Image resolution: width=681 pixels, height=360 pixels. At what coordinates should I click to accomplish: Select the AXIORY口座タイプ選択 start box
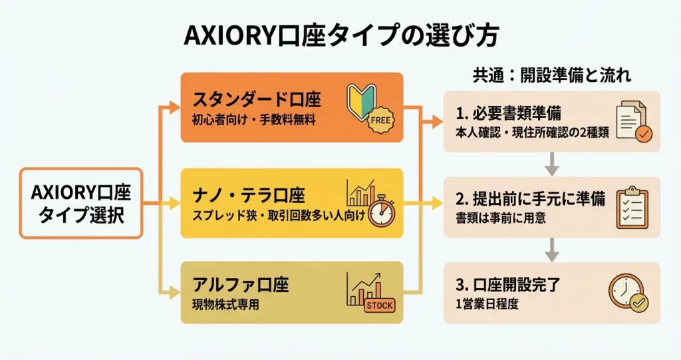[81, 202]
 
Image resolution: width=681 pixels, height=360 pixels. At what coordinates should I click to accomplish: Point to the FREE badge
[380, 121]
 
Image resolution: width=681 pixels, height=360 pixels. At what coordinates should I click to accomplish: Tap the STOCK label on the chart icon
[380, 305]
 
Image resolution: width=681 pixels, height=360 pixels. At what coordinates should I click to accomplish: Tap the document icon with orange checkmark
[633, 122]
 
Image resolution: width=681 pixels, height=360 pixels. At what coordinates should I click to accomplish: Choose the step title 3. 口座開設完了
[508, 286]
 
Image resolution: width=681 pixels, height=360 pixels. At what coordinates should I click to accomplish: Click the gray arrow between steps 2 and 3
[551, 250]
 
